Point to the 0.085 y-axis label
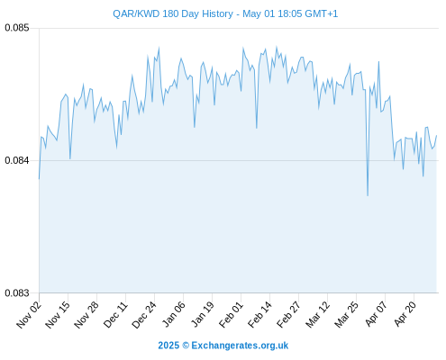17,28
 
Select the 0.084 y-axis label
17,160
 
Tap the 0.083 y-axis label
17,292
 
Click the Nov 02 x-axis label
28,314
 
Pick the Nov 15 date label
58,314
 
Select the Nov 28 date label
86,314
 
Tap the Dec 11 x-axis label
115,314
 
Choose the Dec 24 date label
144,314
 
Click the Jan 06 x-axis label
173,314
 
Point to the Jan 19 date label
203,314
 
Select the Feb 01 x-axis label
231,314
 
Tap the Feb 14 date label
260,314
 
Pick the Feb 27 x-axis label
289,314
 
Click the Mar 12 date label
318,314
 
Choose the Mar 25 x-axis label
347,314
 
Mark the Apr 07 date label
376,314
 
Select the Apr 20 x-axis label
405,314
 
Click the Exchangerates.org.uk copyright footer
223,346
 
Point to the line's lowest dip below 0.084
368,195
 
